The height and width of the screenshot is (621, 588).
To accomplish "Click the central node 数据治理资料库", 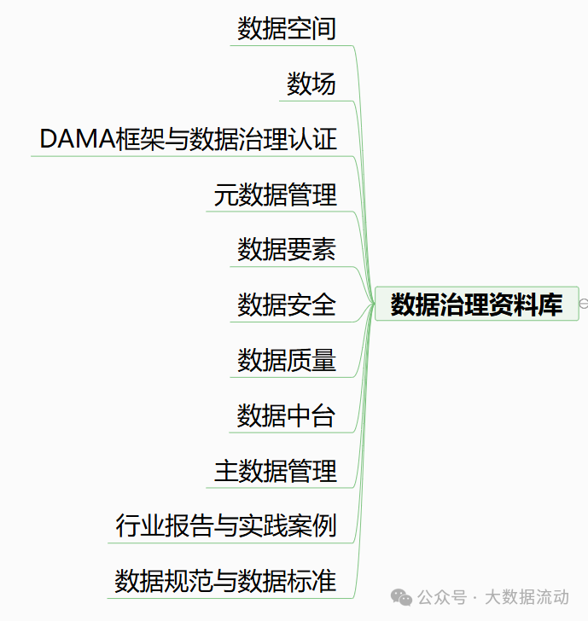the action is (476, 304).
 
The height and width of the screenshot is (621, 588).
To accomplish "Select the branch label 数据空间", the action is (287, 29).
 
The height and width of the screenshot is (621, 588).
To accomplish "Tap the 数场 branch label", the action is (311, 84).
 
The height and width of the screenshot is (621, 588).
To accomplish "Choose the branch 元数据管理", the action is (275, 194).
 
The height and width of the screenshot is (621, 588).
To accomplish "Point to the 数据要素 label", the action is (287, 249).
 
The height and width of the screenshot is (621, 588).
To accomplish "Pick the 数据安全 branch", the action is (287, 304).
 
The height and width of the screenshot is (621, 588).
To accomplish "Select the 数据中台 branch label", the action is (287, 415).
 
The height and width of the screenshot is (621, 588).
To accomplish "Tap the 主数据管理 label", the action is (275, 470).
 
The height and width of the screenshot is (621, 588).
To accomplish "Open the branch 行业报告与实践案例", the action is (226, 525).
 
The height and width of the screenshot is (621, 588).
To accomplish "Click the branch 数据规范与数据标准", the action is (225, 581).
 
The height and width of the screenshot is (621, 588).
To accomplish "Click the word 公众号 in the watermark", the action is (445, 597).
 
